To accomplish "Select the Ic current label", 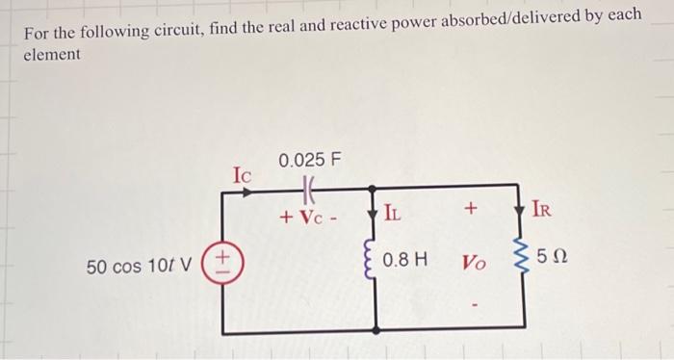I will [242, 175].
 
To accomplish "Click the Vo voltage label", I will [477, 261].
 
